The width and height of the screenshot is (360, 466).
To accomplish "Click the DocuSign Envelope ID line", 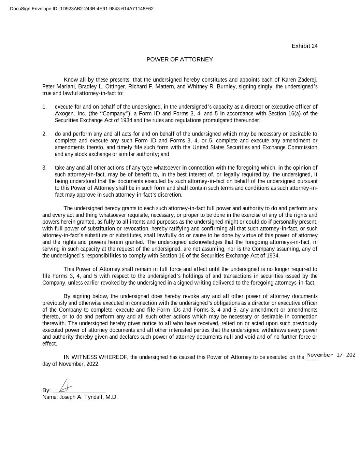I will coord(82,9).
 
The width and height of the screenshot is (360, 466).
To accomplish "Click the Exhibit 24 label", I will coord(304,46).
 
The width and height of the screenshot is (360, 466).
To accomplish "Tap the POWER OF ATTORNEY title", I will coord(179,60).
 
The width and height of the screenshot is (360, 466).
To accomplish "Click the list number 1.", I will coord(44,107).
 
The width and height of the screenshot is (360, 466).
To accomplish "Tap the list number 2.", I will coord(44,134).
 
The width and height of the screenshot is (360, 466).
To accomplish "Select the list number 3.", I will coord(44,168).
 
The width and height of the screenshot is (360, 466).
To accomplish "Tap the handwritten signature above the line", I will coord(66,386).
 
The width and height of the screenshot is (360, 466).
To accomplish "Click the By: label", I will coord(46,390).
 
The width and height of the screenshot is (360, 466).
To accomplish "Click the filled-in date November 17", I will coord(330,355).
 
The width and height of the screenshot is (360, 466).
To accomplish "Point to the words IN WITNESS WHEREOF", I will coord(95,357).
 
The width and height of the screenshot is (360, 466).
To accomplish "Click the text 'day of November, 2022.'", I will coord(71,364).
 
